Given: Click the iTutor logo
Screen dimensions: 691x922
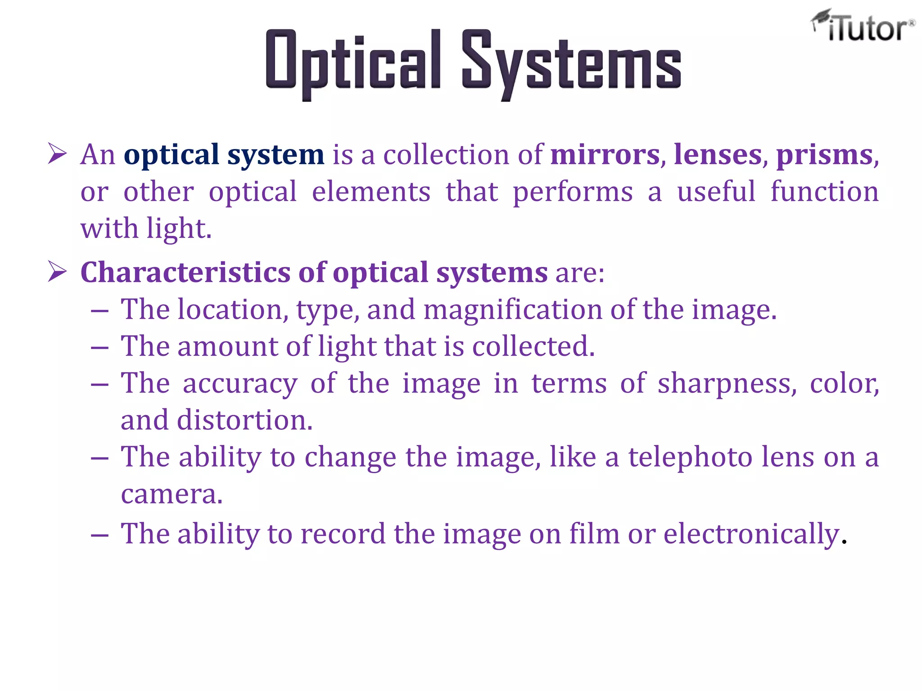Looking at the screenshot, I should coord(863,26).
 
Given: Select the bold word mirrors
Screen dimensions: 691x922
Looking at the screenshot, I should coord(605,155).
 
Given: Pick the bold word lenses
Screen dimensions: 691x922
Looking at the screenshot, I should coord(718,155).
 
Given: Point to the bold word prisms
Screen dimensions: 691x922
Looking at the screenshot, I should coord(824,156).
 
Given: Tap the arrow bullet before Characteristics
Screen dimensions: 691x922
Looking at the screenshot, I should coord(58,272).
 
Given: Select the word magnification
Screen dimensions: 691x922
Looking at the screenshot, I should coord(513,310).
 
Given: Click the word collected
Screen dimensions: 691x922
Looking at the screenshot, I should coord(533,346).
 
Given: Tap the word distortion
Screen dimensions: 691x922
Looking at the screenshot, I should coord(244,420).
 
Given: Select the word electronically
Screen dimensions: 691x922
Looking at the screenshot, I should coord(751,534).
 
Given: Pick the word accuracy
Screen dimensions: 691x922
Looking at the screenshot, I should coord(240,384).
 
